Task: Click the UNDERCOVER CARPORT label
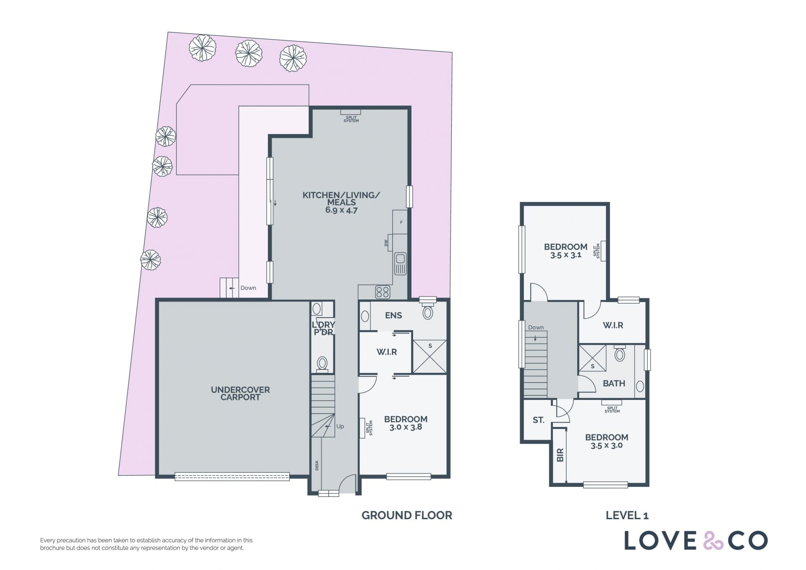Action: click(x=240, y=394)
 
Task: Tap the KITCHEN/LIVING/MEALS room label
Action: click(x=341, y=199)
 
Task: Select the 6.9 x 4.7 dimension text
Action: click(x=341, y=210)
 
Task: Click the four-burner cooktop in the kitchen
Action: click(x=382, y=292)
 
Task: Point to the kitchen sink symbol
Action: click(x=400, y=263)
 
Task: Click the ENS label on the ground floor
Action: click(x=393, y=315)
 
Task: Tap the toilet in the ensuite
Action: click(x=428, y=312)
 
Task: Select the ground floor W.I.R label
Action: click(x=387, y=352)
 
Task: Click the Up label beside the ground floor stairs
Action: click(x=340, y=426)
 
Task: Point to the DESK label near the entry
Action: click(x=317, y=465)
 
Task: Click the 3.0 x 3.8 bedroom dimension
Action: click(x=406, y=427)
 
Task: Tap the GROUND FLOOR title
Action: click(x=407, y=515)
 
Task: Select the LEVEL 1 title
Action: click(x=627, y=515)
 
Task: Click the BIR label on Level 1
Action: click(x=560, y=455)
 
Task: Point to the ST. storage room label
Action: click(x=539, y=420)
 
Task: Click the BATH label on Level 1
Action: click(x=614, y=384)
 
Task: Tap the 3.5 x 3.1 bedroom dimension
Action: click(x=565, y=255)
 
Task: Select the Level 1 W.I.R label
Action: click(x=613, y=326)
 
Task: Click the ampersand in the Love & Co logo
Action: click(x=713, y=541)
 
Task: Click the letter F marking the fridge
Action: click(x=401, y=222)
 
